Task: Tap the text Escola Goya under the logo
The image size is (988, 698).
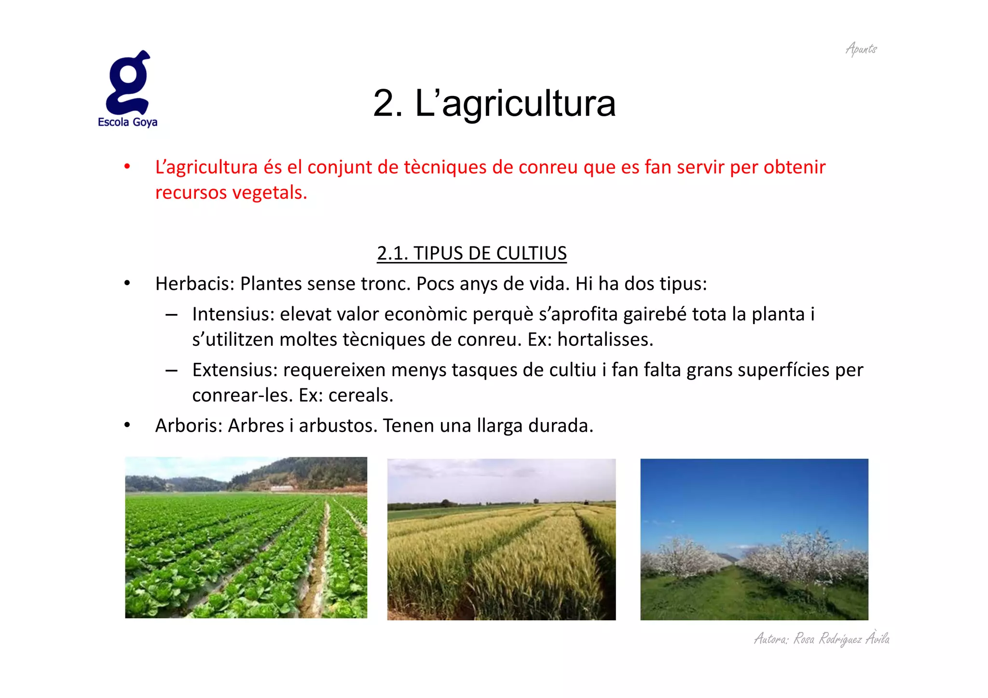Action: pyautogui.click(x=127, y=122)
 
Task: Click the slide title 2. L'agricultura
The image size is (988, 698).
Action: pyautogui.click(x=494, y=103)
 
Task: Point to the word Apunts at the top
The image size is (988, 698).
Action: pyautogui.click(x=861, y=49)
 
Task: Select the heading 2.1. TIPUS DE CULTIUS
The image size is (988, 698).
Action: pyautogui.click(x=471, y=253)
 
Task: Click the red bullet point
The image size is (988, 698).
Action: pyautogui.click(x=127, y=167)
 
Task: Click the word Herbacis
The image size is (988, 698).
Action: pyautogui.click(x=194, y=284)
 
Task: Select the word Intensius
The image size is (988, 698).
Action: pyautogui.click(x=233, y=314)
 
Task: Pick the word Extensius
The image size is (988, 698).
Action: pyautogui.click(x=234, y=370)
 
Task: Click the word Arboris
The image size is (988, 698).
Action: pyautogui.click(x=188, y=425)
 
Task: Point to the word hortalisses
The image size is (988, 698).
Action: pyautogui.click(x=604, y=340)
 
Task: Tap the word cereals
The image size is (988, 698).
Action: pyautogui.click(x=360, y=396)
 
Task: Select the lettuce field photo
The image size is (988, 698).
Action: pyautogui.click(x=246, y=537)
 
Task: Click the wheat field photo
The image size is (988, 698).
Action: pyautogui.click(x=501, y=539)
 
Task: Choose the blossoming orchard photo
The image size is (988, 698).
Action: pyautogui.click(x=754, y=539)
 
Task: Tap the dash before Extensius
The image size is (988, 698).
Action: pyautogui.click(x=171, y=370)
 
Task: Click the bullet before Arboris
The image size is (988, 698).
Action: pyautogui.click(x=127, y=425)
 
